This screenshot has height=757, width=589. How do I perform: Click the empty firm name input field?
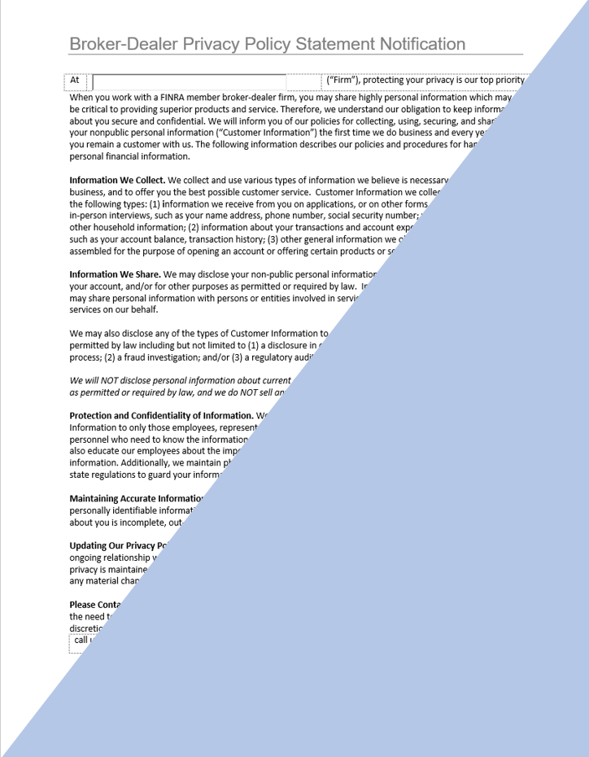click(189, 81)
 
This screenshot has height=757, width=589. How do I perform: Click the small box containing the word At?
click(76, 81)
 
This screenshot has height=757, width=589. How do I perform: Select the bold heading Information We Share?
click(115, 275)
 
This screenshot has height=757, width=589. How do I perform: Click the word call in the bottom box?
click(81, 640)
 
